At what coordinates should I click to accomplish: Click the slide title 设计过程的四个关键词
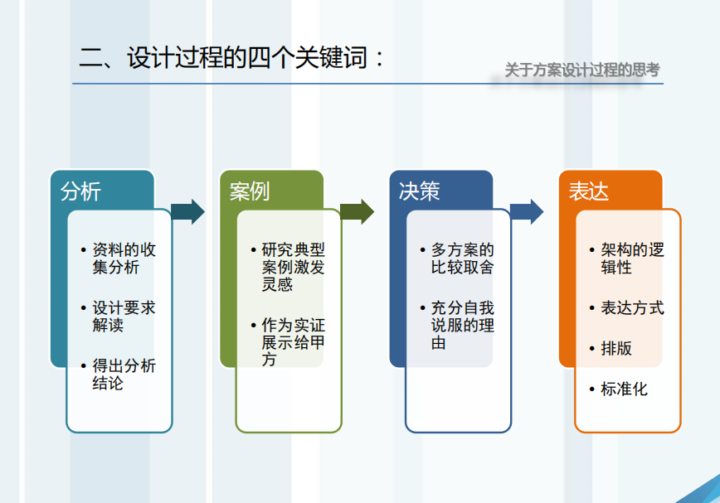pos(247,58)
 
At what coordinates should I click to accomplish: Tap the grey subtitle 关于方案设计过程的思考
pos(582,70)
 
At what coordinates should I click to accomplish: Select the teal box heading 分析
pos(80,191)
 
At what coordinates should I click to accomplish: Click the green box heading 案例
pos(250,191)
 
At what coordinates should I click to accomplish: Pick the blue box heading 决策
pos(419,191)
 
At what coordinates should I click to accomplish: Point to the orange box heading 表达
pos(589,191)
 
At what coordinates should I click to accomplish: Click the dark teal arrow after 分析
pos(187,212)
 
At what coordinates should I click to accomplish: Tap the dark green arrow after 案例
pos(358,212)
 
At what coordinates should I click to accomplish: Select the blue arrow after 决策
pos(527,212)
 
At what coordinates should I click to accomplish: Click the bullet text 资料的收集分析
pos(124,259)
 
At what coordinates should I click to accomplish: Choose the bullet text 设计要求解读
pos(124,316)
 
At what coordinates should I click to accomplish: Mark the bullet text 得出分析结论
pos(124,374)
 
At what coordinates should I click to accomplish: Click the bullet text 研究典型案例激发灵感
pos(294,267)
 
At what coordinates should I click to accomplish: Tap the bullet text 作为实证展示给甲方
pos(294,342)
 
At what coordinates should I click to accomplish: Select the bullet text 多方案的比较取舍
pos(462,259)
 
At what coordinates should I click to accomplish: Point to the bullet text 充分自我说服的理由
pos(462,325)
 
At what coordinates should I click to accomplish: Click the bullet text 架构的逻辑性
pos(632,259)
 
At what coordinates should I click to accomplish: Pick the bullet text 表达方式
pos(632,307)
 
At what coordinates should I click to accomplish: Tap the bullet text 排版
pos(616,349)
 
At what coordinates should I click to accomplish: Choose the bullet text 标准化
pos(624,389)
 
